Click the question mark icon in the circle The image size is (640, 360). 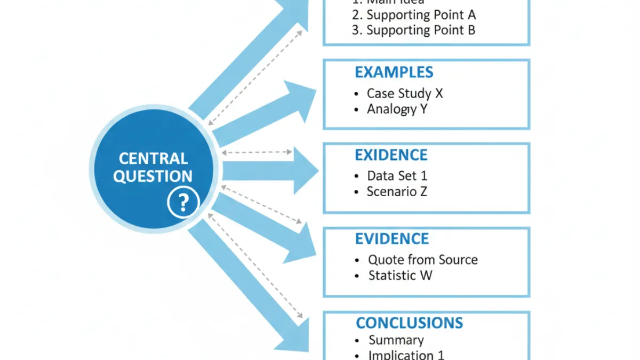pyautogui.click(x=183, y=202)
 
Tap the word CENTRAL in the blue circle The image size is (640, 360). pyautogui.click(x=153, y=158)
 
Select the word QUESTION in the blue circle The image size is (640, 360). pyautogui.click(x=153, y=177)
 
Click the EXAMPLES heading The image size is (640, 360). pyautogui.click(x=394, y=73)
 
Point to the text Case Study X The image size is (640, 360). pyautogui.click(x=405, y=93)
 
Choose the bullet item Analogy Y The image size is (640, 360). pyautogui.click(x=397, y=109)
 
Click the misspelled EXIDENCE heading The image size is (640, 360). pyautogui.click(x=391, y=155)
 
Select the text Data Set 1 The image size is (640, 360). pyautogui.click(x=397, y=175)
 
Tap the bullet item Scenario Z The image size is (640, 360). pyautogui.click(x=397, y=191)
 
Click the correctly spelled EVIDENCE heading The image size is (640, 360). pyautogui.click(x=391, y=238)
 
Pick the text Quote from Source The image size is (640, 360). pyautogui.click(x=422, y=260)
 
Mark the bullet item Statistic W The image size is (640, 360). pyautogui.click(x=400, y=276)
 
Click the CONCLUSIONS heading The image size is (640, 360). pyautogui.click(x=409, y=323)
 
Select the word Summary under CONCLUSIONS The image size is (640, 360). pyautogui.click(x=396, y=340)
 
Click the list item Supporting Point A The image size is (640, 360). pyautogui.click(x=421, y=14)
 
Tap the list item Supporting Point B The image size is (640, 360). pyautogui.click(x=421, y=30)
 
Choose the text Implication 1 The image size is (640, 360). pyautogui.click(x=406, y=355)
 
